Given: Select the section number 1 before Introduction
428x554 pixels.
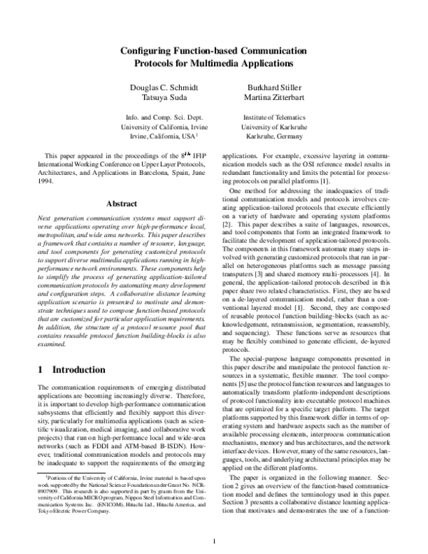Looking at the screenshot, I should (x=39, y=370).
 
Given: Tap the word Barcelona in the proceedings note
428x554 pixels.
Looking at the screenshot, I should (x=154, y=172).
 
